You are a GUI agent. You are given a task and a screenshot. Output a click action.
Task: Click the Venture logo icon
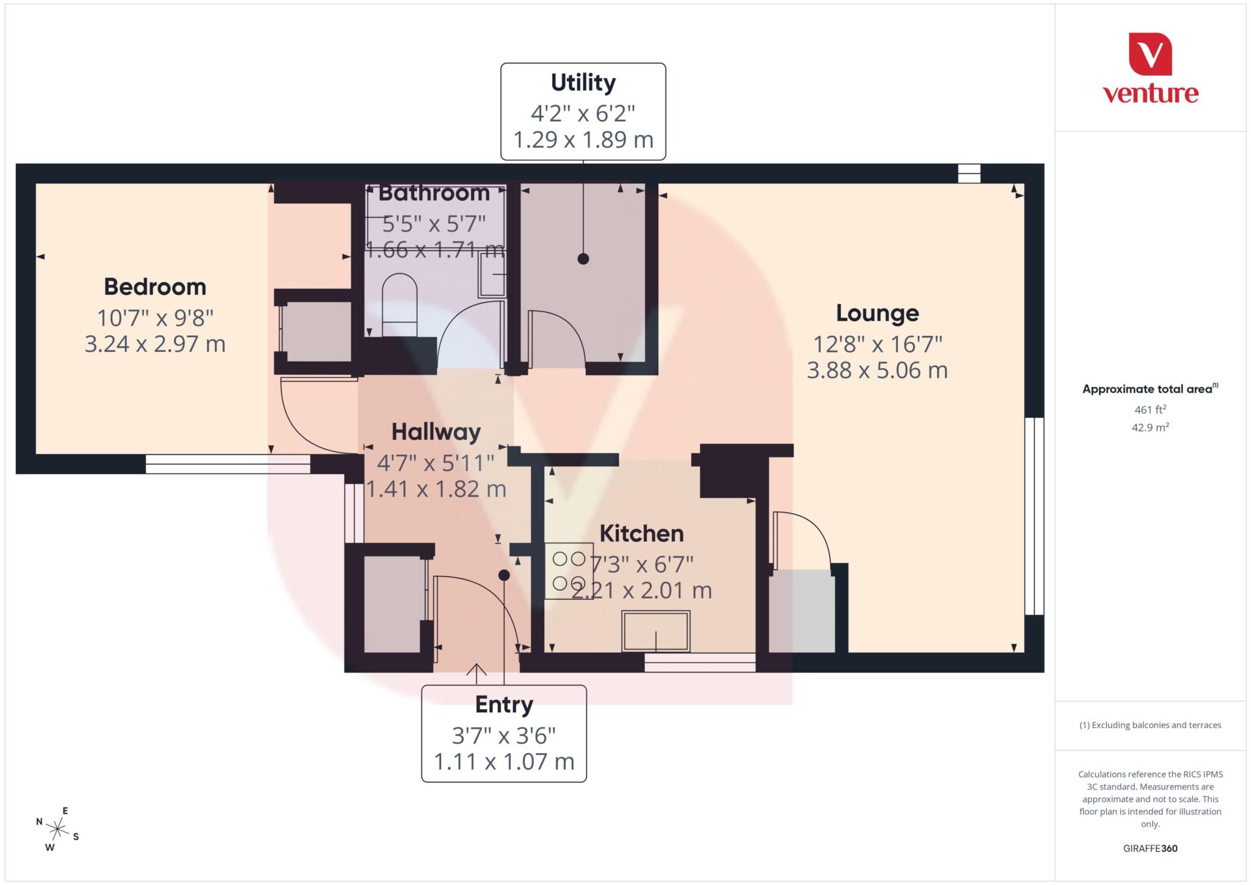1150,54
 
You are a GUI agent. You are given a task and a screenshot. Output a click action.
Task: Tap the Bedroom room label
155,287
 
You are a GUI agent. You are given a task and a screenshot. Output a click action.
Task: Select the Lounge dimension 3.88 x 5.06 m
877,370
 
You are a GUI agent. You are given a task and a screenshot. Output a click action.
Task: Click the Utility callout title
583,82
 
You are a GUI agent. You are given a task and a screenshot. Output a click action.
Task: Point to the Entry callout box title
504,704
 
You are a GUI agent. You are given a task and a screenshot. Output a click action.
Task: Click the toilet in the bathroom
399,304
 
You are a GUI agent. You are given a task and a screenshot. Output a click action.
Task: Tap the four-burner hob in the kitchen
569,571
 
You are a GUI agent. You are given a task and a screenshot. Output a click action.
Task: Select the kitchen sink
656,631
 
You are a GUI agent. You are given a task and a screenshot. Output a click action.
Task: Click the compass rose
57,829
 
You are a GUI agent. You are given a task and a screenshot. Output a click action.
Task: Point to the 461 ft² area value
1150,409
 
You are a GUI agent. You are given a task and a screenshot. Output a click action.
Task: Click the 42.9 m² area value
1150,428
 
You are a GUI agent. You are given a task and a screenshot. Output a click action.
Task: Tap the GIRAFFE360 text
1150,848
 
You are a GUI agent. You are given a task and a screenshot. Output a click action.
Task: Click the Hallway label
436,432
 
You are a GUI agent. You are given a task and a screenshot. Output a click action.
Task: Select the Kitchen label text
641,534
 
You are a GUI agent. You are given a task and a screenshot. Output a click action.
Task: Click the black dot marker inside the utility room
583,258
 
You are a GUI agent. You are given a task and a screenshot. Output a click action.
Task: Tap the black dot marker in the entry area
504,575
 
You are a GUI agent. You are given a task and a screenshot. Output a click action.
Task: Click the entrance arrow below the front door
476,671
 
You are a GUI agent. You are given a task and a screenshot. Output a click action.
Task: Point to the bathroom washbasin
492,275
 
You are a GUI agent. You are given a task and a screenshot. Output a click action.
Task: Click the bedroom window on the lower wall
228,464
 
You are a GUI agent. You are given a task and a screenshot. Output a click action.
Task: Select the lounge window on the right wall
1034,516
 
